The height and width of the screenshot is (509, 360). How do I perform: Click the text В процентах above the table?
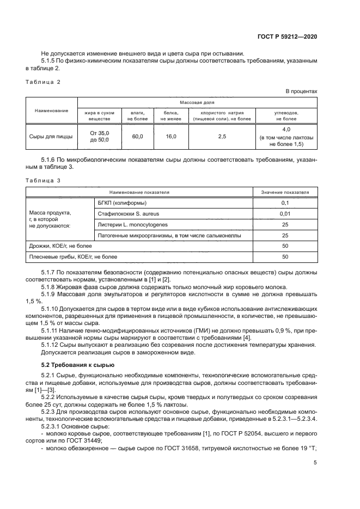(302, 91)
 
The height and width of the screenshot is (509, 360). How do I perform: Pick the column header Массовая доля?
(197, 102)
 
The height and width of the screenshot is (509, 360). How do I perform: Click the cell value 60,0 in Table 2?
(137, 137)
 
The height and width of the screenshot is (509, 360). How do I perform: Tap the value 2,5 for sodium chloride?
(222, 137)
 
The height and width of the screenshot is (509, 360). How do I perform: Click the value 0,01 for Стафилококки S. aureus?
(284, 213)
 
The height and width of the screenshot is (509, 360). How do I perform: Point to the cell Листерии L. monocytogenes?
(132, 224)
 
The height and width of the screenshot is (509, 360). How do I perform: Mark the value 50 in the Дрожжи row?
(284, 246)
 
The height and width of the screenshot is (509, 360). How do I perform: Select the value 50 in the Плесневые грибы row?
(284, 256)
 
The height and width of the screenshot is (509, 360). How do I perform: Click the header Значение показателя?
(284, 192)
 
